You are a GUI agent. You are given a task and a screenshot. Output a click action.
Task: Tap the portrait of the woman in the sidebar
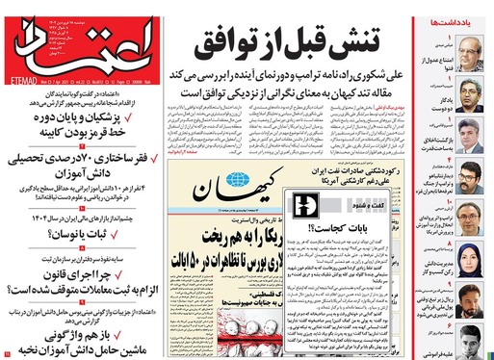(x=469, y=255)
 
